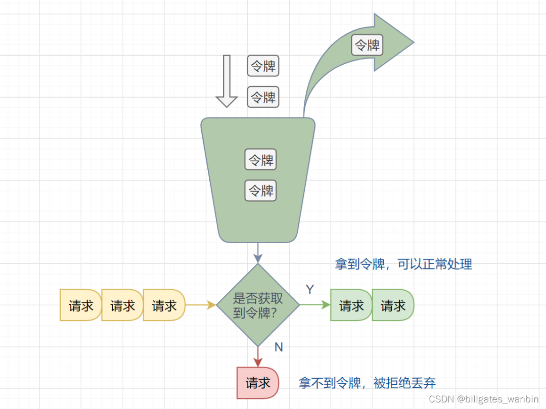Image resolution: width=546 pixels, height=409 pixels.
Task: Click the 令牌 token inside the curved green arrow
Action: click(x=367, y=45)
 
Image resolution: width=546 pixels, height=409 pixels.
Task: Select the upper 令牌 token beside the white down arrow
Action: click(x=263, y=66)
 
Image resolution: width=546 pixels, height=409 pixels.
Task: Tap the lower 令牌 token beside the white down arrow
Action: click(x=263, y=97)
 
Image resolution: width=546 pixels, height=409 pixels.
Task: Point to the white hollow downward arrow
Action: click(x=226, y=81)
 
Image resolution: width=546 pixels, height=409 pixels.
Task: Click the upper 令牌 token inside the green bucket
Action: click(x=261, y=160)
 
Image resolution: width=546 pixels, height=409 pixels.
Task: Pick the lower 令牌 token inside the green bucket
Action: click(x=261, y=191)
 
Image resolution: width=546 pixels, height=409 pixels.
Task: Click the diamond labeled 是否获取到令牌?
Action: click(x=258, y=305)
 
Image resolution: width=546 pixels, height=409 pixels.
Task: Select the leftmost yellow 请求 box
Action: click(x=81, y=305)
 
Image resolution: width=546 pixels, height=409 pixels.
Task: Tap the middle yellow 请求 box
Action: click(x=122, y=305)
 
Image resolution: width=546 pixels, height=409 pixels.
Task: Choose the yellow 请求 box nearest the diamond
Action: click(x=164, y=305)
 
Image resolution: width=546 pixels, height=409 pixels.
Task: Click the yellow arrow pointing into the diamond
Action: click(x=201, y=305)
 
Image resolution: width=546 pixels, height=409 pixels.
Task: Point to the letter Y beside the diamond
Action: click(x=310, y=289)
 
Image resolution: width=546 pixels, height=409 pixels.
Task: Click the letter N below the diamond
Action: click(x=279, y=347)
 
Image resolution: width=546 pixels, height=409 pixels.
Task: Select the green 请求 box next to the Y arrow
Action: click(x=351, y=305)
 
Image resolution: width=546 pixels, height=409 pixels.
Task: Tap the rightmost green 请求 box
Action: click(x=393, y=305)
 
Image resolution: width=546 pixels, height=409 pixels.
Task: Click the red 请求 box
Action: click(x=258, y=383)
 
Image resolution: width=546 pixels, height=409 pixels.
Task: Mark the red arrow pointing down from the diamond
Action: click(x=258, y=357)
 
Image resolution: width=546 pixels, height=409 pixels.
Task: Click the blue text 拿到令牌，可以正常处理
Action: click(x=403, y=264)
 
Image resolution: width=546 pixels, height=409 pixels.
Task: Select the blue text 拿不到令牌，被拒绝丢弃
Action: click(x=367, y=383)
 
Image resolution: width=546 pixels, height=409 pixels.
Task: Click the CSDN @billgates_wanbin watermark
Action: click(x=483, y=399)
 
